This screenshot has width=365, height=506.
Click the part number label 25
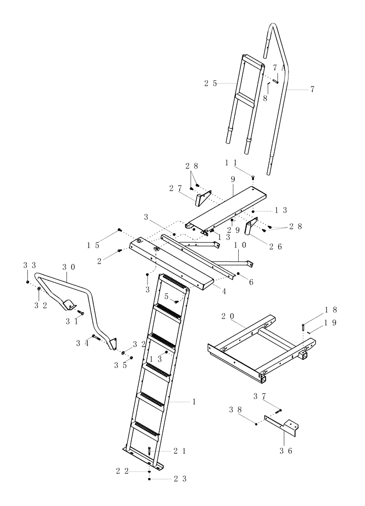pos(211,84)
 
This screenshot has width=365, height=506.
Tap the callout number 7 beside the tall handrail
pos(312,89)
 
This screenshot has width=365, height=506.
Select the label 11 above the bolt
pos(231,163)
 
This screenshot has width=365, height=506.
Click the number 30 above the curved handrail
pos(68,267)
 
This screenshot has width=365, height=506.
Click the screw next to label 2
pos(120,250)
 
